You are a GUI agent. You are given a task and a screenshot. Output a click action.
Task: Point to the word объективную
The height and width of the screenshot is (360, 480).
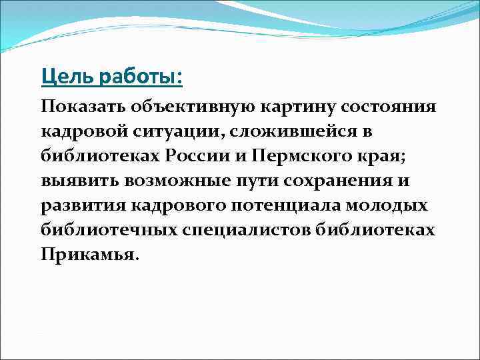click(191, 107)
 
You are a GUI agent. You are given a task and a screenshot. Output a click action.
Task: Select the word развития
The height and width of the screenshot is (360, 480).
click(80, 205)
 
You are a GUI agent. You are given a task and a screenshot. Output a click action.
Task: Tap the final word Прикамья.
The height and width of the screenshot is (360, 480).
click(90, 255)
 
